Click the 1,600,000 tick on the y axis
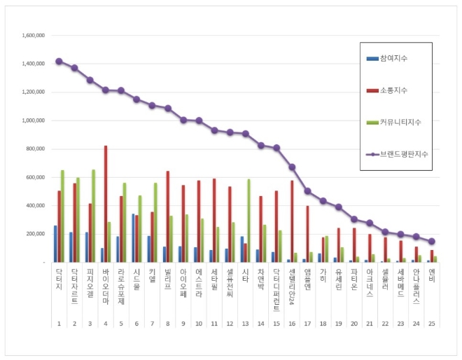(x=34, y=35)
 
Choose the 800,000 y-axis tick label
(x=35, y=148)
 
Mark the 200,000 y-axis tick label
(x=35, y=234)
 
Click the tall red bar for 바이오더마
(x=106, y=203)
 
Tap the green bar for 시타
(x=249, y=220)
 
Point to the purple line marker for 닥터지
(x=59, y=61)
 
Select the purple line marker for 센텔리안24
(x=292, y=167)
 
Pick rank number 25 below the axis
(x=432, y=324)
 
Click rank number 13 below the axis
(x=245, y=324)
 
